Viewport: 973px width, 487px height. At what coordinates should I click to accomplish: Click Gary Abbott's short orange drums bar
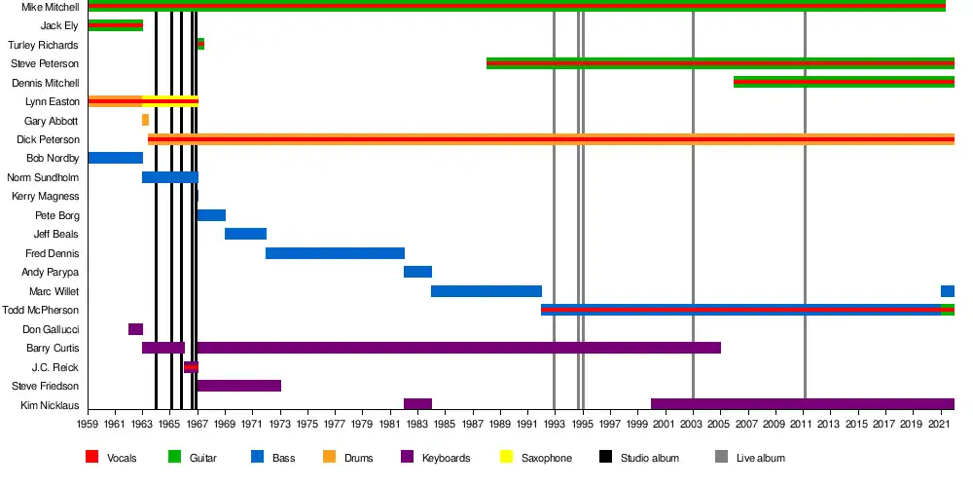145,120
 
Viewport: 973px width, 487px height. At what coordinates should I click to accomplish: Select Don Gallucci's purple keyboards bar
135,329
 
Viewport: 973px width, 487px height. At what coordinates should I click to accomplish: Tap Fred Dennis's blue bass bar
335,253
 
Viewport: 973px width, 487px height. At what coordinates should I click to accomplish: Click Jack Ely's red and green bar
115,25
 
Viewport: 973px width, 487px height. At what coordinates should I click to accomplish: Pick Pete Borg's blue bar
211,215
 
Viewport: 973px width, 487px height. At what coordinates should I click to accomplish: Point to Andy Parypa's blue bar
417,272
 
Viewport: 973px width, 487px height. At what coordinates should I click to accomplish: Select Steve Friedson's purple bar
238,386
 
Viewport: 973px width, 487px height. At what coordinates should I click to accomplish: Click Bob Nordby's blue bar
115,158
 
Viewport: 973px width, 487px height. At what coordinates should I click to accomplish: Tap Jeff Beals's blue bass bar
245,234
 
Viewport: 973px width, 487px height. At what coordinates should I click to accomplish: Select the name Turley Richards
44,45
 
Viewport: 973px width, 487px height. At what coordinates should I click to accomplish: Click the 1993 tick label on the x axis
555,425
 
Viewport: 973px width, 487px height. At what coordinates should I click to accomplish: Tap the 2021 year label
941,425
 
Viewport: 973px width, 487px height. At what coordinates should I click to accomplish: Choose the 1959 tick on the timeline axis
89,425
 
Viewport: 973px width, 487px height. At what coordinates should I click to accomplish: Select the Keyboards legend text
447,458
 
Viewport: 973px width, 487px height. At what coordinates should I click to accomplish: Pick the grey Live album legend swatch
721,457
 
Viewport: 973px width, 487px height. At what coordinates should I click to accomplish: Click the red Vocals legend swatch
92,457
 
